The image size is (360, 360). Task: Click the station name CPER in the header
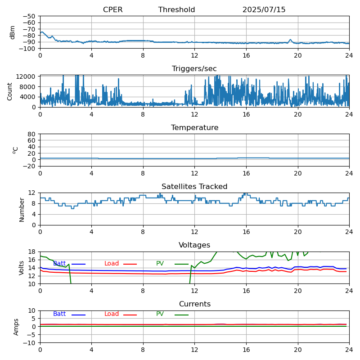pos(113,9)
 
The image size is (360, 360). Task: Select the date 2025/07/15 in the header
pos(264,9)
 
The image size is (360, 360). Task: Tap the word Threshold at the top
pos(176,9)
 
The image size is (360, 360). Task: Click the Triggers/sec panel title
pos(194,69)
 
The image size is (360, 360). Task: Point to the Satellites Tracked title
pos(194,186)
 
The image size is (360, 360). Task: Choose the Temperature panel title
pos(194,127)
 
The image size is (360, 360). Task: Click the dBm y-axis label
pos(13,32)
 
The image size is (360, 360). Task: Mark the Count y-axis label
pos(9,92)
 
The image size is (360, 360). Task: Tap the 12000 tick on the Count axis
pos(26,76)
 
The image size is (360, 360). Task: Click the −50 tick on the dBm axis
pos(29,16)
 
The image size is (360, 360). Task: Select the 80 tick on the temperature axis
pos(31,134)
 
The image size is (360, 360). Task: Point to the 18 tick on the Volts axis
pos(32,252)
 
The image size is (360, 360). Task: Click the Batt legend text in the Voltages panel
pos(59,263)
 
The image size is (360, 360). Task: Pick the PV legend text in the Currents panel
pos(160,314)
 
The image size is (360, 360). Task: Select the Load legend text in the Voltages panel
pos(111,263)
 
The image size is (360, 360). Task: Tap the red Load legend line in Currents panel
pos(130,315)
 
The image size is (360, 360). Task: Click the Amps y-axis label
pos(16,327)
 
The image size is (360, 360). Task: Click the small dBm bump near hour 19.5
pos(290,40)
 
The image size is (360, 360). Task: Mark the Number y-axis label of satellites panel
pos(22,210)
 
